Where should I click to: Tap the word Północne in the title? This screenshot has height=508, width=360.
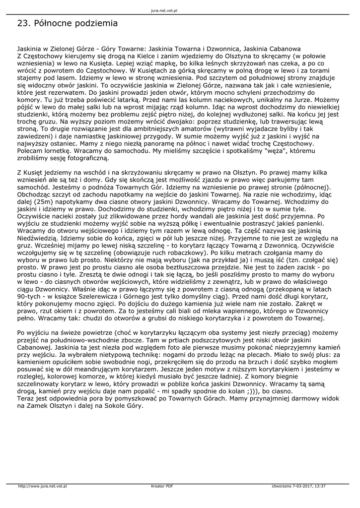pyautogui.click(x=51, y=23)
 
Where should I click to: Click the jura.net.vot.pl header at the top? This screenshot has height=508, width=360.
pyautogui.click(x=164, y=10)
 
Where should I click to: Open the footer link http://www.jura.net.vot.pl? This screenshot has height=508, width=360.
pyautogui.click(x=42, y=486)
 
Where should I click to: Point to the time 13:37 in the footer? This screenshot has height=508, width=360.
pyautogui.click(x=320, y=486)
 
